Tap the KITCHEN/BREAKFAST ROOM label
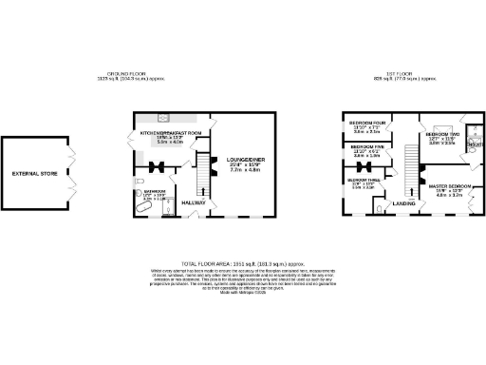(172, 132)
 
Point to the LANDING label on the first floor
(404, 202)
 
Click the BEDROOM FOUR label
(367, 124)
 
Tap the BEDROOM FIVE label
(366, 147)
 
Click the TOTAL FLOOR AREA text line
(242, 263)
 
